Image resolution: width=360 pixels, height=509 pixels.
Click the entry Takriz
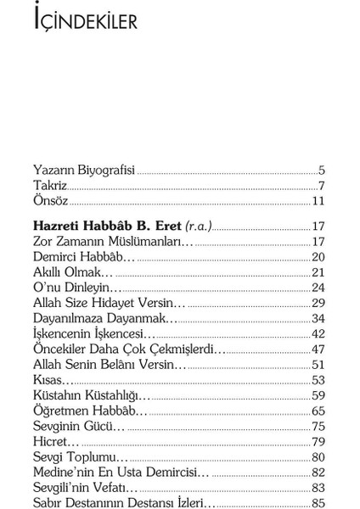tap(50, 185)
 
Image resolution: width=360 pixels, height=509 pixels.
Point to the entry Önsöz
tap(51, 201)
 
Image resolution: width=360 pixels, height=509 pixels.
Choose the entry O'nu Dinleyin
tap(77, 288)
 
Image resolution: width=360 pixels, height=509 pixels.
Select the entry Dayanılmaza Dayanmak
tap(104, 318)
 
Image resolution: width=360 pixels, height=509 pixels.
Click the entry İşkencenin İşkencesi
tap(93, 333)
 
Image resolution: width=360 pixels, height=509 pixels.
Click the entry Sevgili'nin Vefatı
tap(85, 487)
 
